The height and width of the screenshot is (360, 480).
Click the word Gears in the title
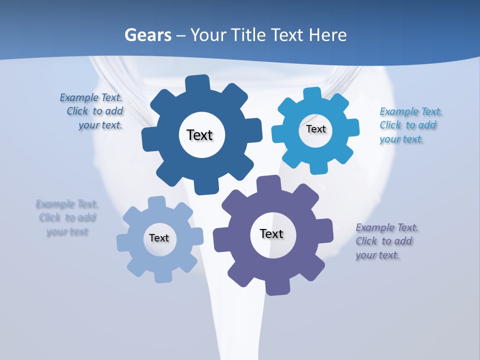(148, 35)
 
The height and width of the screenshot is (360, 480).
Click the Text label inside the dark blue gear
(199, 135)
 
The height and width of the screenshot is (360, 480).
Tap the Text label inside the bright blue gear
(315, 129)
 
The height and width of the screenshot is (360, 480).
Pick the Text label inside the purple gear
(271, 233)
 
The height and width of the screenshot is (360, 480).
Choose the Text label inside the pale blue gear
(159, 238)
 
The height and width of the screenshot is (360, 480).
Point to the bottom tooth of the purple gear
(275, 287)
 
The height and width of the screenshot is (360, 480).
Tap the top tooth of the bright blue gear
(312, 94)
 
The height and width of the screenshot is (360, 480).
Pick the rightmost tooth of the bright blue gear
(352, 127)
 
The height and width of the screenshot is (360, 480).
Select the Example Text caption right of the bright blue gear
(410, 125)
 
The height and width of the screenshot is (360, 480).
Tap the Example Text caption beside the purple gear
(386, 241)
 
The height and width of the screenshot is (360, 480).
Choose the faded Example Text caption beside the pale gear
(67, 217)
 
